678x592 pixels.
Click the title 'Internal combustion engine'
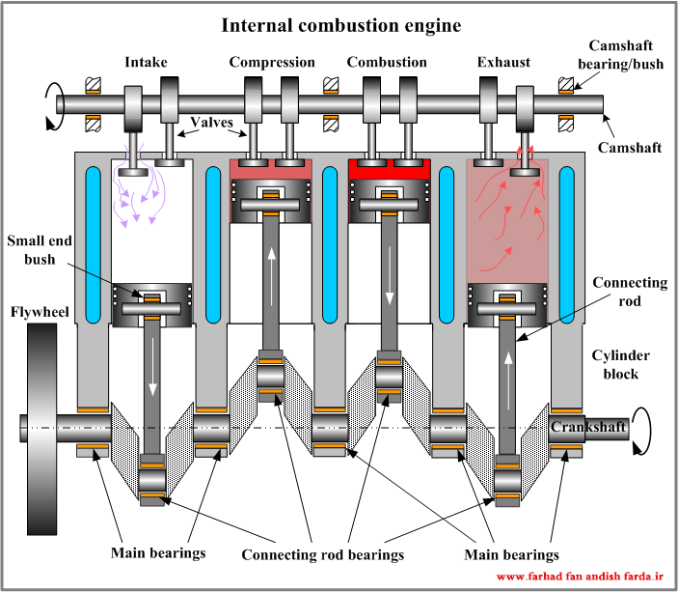(x=341, y=25)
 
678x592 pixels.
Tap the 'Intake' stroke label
(x=146, y=63)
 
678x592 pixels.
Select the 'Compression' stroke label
(x=272, y=63)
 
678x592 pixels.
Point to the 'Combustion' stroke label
(x=387, y=63)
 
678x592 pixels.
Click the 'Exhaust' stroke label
(x=503, y=63)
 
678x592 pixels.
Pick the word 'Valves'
(x=211, y=122)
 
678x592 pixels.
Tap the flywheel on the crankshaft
(x=41, y=429)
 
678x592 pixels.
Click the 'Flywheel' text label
(x=40, y=312)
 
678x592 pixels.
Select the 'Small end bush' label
(x=40, y=250)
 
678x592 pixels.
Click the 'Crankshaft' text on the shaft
(x=588, y=427)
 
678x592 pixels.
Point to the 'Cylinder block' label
(x=620, y=365)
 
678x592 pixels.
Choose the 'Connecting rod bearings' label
(x=322, y=554)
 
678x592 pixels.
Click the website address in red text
(x=580, y=577)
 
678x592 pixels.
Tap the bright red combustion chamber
(x=390, y=170)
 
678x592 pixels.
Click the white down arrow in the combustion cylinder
(x=390, y=275)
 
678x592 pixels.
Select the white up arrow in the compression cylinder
(x=272, y=277)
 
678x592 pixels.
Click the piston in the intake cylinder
(x=151, y=305)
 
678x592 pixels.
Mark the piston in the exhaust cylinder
(x=507, y=305)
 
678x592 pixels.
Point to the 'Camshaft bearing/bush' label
(x=620, y=55)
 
